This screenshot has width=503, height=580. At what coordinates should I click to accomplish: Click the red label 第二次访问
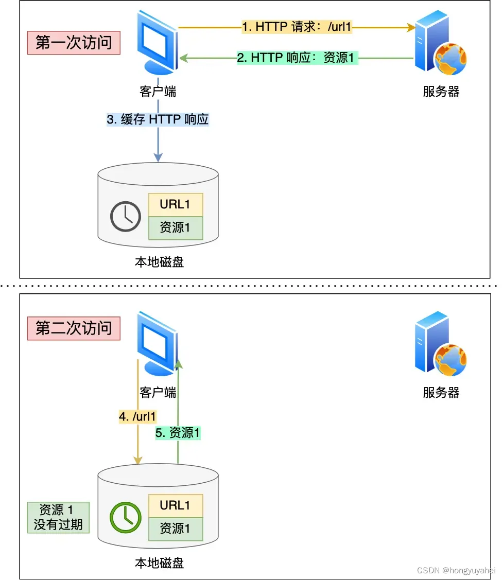tap(74, 328)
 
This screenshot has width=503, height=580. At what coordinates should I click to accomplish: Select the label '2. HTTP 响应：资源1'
tap(297, 58)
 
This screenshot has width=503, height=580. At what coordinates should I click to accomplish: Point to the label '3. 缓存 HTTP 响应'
tap(158, 119)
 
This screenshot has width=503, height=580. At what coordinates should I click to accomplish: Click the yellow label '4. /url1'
tap(137, 416)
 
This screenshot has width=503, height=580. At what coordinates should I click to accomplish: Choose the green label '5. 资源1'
tap(178, 433)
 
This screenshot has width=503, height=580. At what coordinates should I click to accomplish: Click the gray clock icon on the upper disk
tap(126, 216)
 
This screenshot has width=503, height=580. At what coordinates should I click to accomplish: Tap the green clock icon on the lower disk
tap(126, 517)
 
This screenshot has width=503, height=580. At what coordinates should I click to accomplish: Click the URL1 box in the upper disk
tap(176, 205)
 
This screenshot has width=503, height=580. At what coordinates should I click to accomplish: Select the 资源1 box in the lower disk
tap(176, 529)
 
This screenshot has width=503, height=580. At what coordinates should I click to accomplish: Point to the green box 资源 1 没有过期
tap(58, 517)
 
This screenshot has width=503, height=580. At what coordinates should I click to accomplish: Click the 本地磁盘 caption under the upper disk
tap(159, 262)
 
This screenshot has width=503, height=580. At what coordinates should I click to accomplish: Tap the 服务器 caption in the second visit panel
tap(441, 393)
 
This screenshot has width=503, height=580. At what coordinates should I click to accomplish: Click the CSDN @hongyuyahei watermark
tap(456, 570)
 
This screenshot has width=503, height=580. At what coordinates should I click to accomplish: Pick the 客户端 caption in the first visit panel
tap(158, 92)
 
